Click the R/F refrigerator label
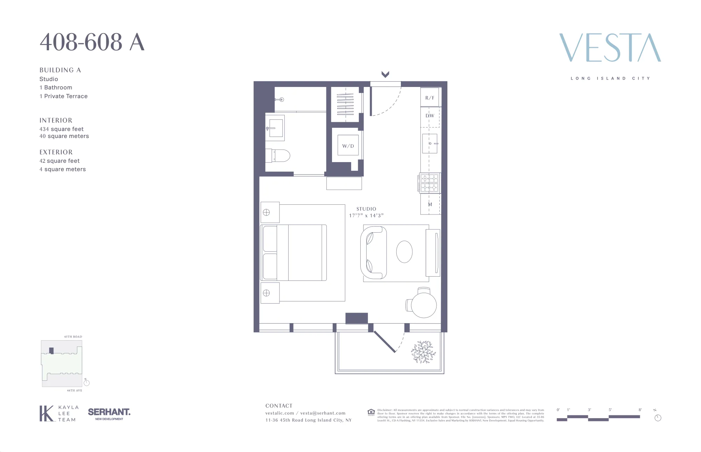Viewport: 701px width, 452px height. tap(430, 98)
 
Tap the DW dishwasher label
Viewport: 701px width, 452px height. tap(430, 116)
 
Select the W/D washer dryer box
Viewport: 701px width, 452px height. tap(348, 146)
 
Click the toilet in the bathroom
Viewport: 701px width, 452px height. tap(280, 156)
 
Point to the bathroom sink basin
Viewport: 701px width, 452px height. tap(275, 128)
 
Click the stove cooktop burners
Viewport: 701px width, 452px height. tap(429, 183)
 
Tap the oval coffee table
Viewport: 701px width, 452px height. tap(404, 251)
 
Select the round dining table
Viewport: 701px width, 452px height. tap(424, 305)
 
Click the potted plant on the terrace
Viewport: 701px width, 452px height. tap(423, 352)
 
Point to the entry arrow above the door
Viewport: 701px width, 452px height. tap(385, 74)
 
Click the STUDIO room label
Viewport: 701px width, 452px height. tap(366, 209)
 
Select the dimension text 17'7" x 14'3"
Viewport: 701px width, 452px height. tap(366, 216)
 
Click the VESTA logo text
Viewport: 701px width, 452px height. tap(610, 48)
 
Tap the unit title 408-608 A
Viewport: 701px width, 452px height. tap(92, 42)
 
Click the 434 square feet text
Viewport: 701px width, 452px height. tap(62, 129)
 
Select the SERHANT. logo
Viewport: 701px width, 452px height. tap(109, 412)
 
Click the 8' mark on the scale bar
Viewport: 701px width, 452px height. tap(640, 410)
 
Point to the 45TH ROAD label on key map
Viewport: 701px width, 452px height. tap(73, 337)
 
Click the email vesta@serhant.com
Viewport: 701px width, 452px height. tap(323, 413)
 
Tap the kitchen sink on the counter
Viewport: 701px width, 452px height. tap(430, 143)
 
